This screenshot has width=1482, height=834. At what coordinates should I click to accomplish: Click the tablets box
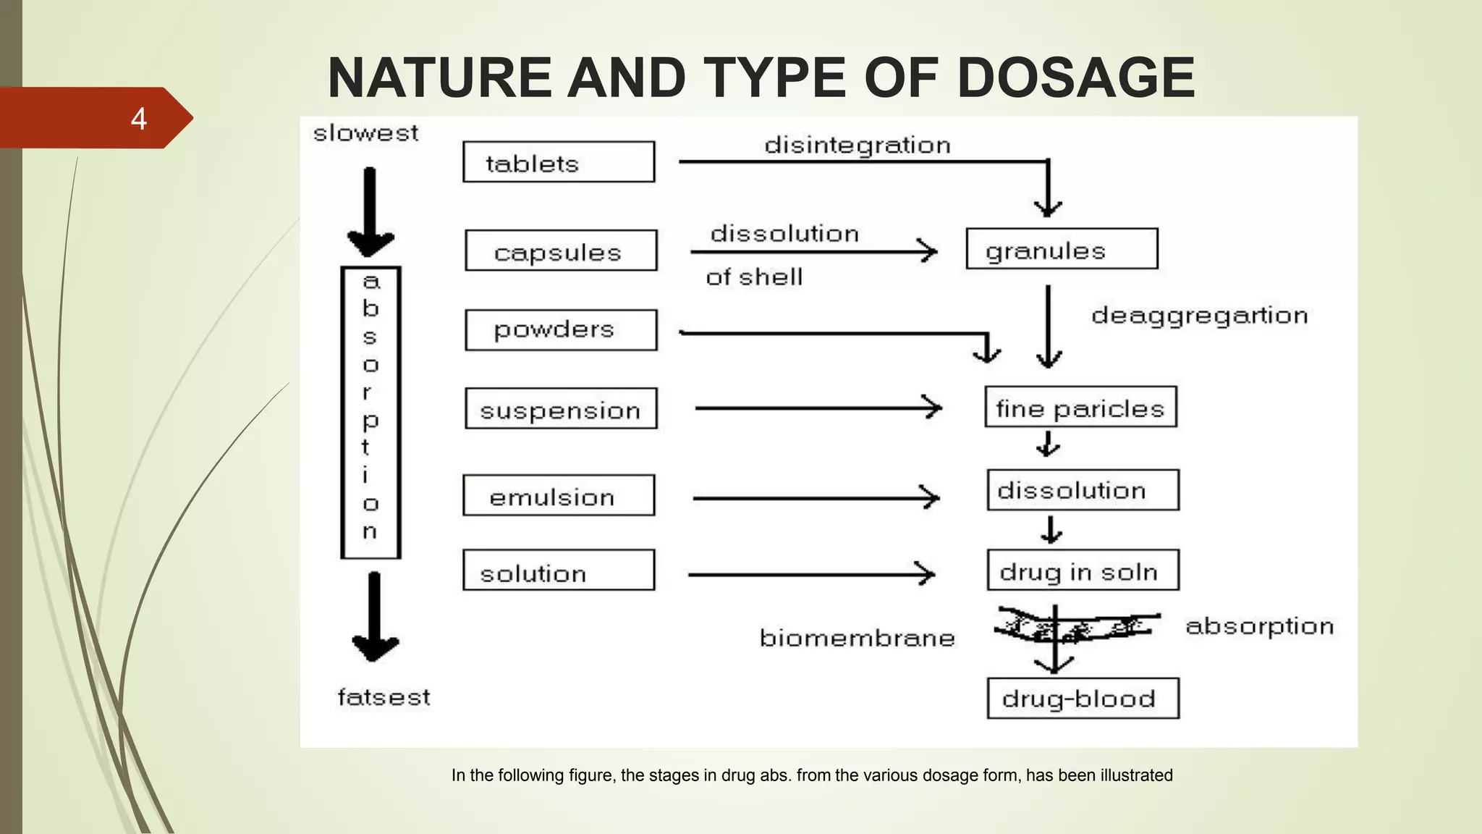click(559, 162)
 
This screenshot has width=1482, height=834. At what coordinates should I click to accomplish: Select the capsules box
click(561, 250)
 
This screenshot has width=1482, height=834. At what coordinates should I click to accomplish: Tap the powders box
click(561, 330)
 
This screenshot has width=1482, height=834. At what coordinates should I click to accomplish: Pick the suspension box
click(561, 408)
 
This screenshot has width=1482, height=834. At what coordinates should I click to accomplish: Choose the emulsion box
click(559, 495)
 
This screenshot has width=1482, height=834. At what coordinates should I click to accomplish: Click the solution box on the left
click(559, 570)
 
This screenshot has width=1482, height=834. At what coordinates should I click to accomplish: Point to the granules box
click(1062, 249)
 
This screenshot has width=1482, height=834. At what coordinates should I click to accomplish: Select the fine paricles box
click(1080, 407)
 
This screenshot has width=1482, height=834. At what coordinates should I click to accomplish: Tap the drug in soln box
click(1083, 570)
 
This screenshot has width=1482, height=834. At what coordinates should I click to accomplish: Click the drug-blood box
click(1083, 699)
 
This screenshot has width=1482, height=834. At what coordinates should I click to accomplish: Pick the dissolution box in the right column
click(1083, 490)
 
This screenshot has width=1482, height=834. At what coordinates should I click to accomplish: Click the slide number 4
click(139, 119)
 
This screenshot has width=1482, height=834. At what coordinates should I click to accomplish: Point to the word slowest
click(365, 133)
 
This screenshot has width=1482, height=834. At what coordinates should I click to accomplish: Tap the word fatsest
click(384, 697)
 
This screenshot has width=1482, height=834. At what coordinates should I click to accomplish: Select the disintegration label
click(858, 146)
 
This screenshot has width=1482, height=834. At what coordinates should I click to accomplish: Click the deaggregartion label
click(1199, 316)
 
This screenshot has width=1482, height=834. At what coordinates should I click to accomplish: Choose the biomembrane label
click(858, 638)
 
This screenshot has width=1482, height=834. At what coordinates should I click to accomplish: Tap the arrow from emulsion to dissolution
click(816, 498)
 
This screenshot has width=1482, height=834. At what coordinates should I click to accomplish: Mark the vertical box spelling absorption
click(370, 413)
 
